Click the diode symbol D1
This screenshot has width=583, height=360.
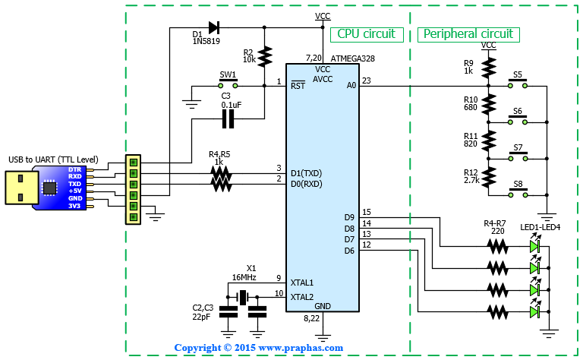coord(214,27)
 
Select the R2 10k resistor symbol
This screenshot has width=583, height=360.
coord(264,56)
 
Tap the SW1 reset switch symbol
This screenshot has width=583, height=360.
coord(228,84)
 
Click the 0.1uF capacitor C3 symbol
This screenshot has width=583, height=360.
coord(228,119)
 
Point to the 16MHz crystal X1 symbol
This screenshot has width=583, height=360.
coord(243,297)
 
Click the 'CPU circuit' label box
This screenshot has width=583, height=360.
coord(367,34)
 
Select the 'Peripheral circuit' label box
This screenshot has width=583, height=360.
coord(468,34)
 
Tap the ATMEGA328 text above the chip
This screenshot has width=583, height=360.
coord(352,58)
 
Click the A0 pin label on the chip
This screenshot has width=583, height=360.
coord(351,86)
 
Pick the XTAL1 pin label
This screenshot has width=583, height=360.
coord(302,283)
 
